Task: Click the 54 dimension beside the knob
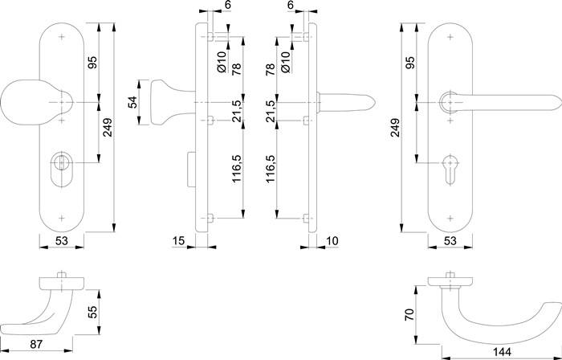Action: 132,103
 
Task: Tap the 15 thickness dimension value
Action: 179,241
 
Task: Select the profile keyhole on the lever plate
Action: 448,161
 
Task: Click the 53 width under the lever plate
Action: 449,241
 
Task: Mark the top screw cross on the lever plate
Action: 449,38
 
